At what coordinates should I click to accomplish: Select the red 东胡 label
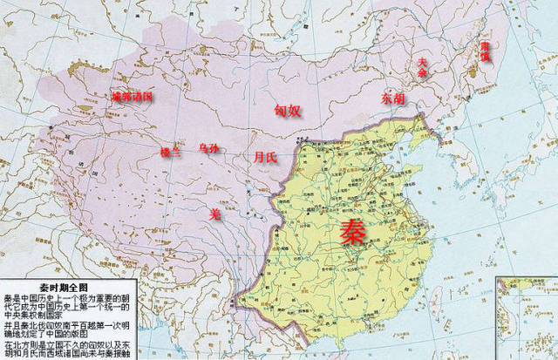(x=391, y=98)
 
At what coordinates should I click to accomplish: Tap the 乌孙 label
(x=209, y=149)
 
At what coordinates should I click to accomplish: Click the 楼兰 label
(x=170, y=152)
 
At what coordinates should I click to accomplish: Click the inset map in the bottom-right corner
(x=526, y=317)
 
